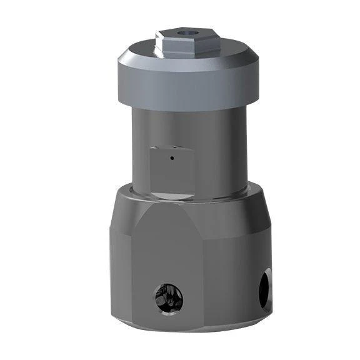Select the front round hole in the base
tap(169, 296)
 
